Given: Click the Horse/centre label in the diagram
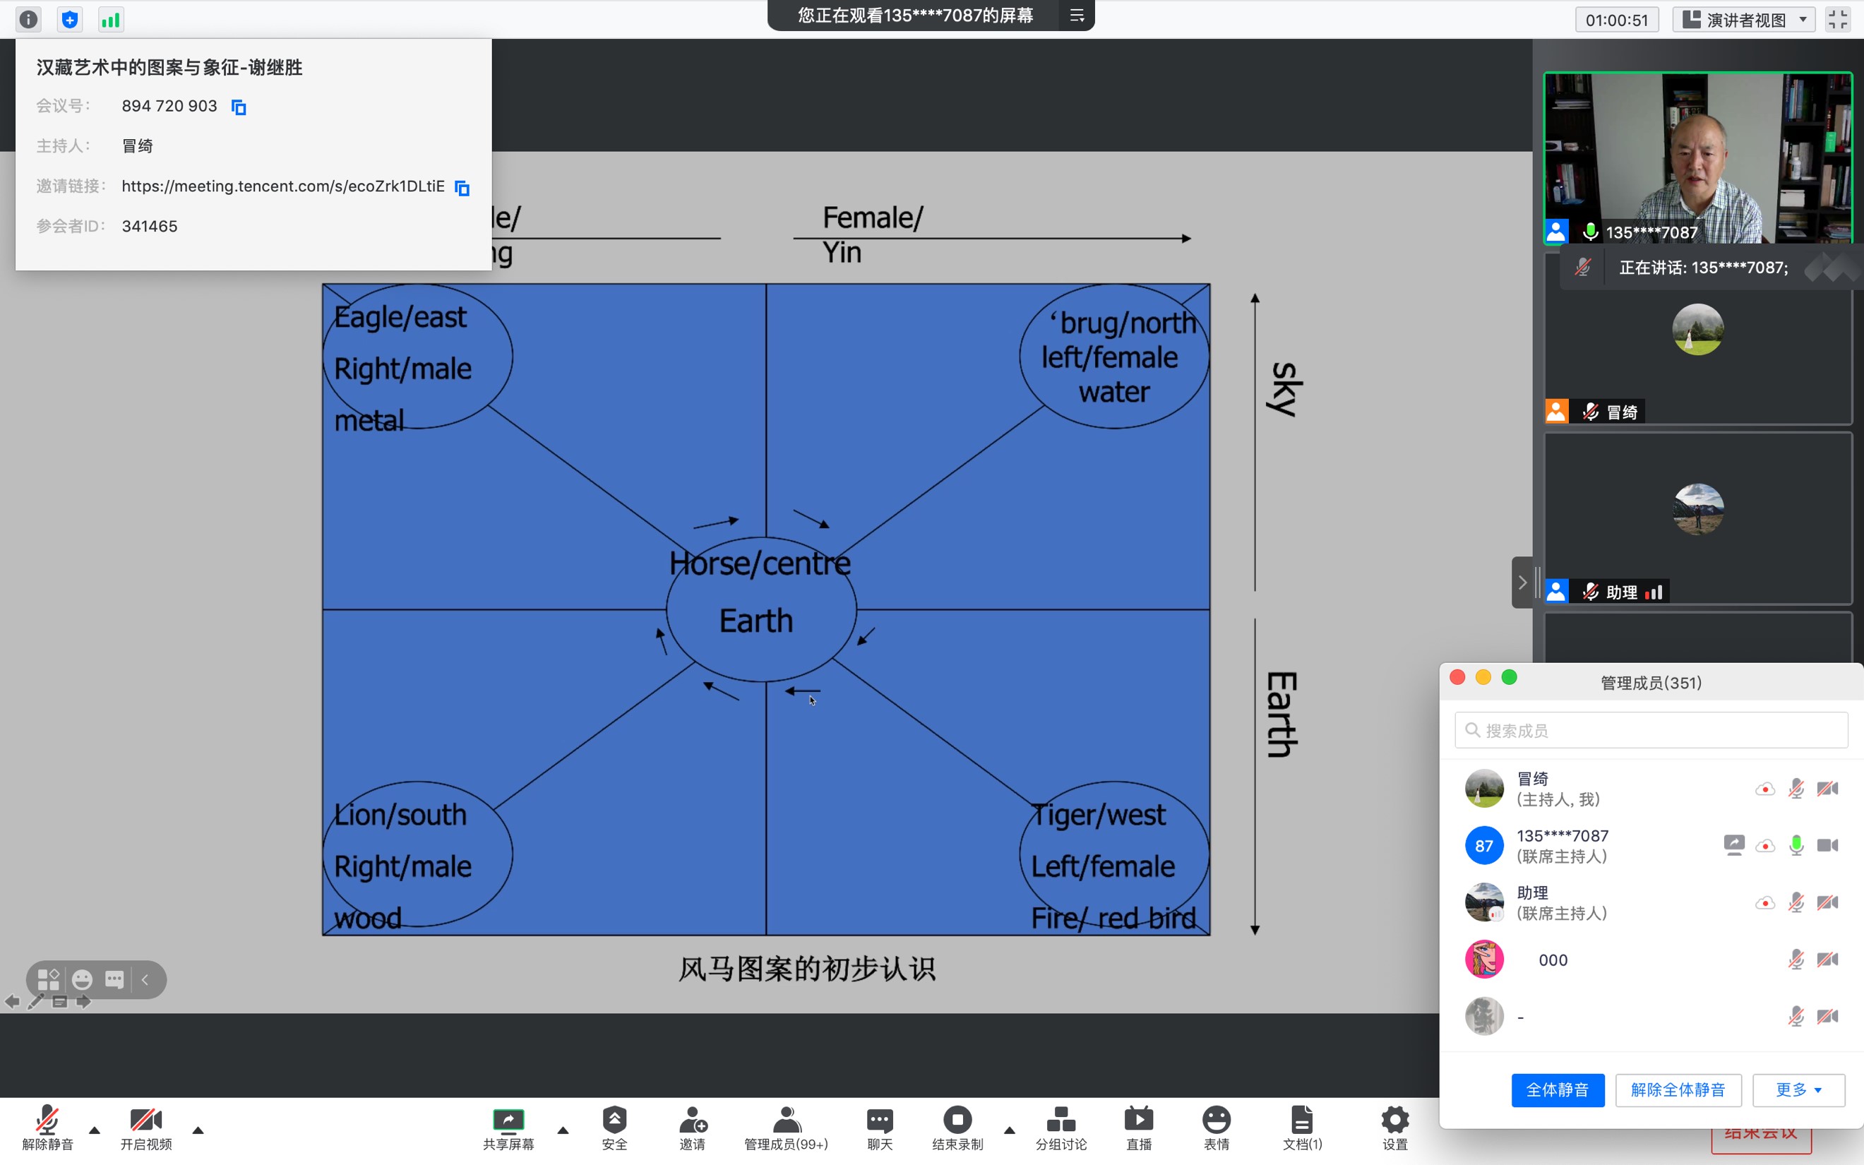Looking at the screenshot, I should pos(760,564).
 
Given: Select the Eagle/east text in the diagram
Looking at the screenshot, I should pos(400,318).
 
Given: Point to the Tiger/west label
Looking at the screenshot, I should pos(1099,815).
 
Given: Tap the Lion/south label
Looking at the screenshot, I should pos(400,815).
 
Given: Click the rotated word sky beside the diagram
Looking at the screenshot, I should pos(1283,389).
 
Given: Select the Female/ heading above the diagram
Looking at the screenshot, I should pos(872,218).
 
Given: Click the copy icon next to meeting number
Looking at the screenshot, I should pos(239,107).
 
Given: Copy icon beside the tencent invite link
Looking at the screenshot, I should pos(462,187).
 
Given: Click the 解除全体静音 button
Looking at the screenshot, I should pos(1678,1089).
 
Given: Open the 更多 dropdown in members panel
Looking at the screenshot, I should pos(1798,1089).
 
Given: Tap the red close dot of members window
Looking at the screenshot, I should pos(1457,677).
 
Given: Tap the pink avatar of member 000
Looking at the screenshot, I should pos(1483,960).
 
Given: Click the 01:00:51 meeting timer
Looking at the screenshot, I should pos(1616,20).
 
